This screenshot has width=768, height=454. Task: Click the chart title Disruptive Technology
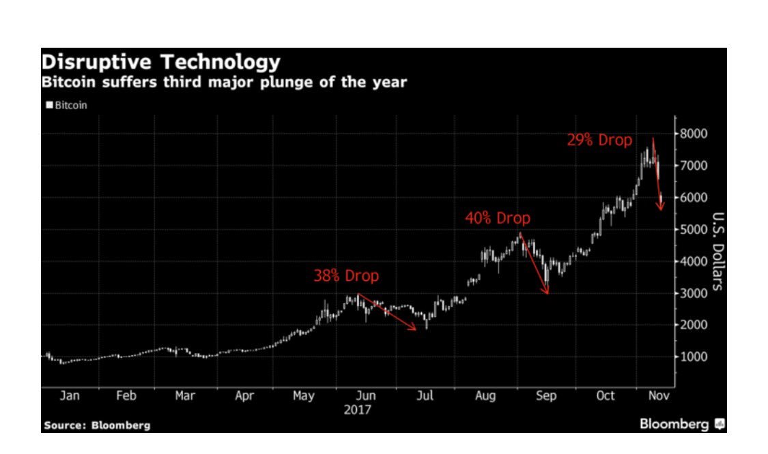click(x=160, y=63)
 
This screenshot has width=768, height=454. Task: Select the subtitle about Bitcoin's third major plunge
click(x=224, y=83)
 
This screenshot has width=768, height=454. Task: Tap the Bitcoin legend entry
click(x=67, y=106)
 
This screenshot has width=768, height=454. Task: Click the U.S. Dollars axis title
click(x=717, y=251)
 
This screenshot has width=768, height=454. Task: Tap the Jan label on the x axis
click(x=70, y=396)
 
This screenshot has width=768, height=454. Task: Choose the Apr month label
click(x=244, y=396)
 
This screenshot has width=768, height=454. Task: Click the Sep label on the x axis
click(x=546, y=396)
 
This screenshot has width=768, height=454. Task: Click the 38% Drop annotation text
click(x=345, y=277)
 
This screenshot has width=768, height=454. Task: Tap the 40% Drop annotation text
click(x=497, y=219)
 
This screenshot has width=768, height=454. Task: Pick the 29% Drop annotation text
click(x=599, y=140)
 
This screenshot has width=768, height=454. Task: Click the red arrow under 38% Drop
click(x=387, y=312)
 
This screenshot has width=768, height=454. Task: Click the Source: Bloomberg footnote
click(x=97, y=425)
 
